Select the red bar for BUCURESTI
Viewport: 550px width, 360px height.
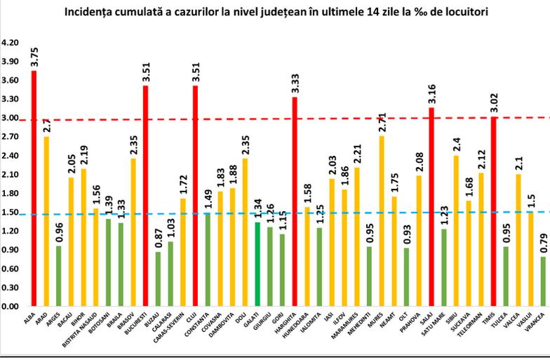pyautogui.click(x=146, y=196)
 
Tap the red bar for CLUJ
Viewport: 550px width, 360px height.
pyautogui.click(x=196, y=196)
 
